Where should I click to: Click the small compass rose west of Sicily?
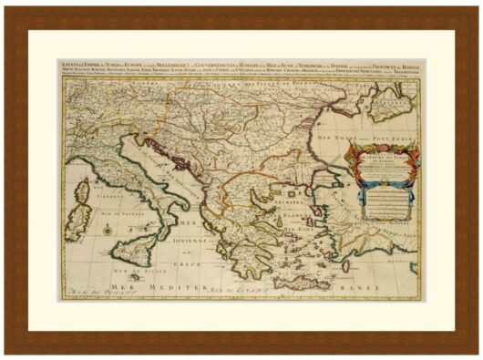pyautogui.click(x=107, y=230)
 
